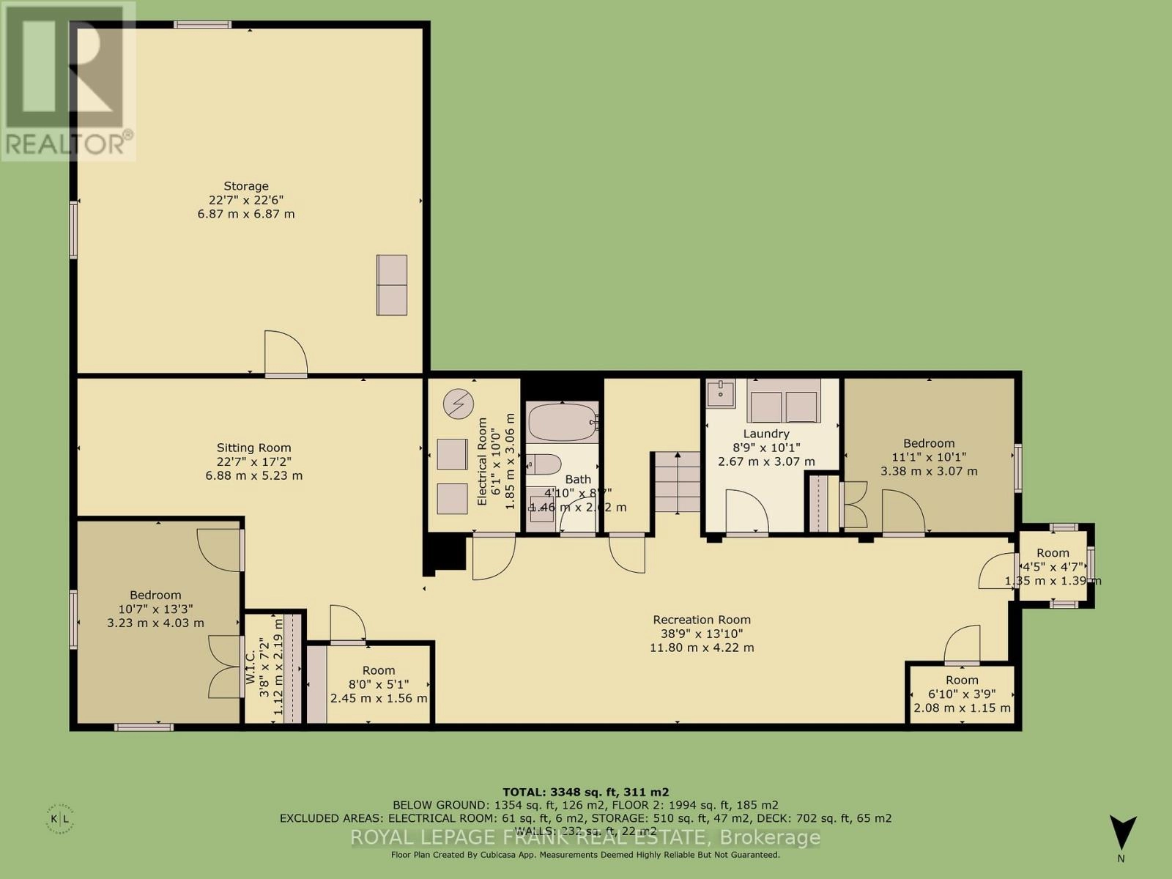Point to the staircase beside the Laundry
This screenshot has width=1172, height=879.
point(677,482)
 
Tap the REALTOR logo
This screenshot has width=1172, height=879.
point(67,81)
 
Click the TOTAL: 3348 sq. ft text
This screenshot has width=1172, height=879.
point(585,792)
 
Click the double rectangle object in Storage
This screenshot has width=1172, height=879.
point(392,285)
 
